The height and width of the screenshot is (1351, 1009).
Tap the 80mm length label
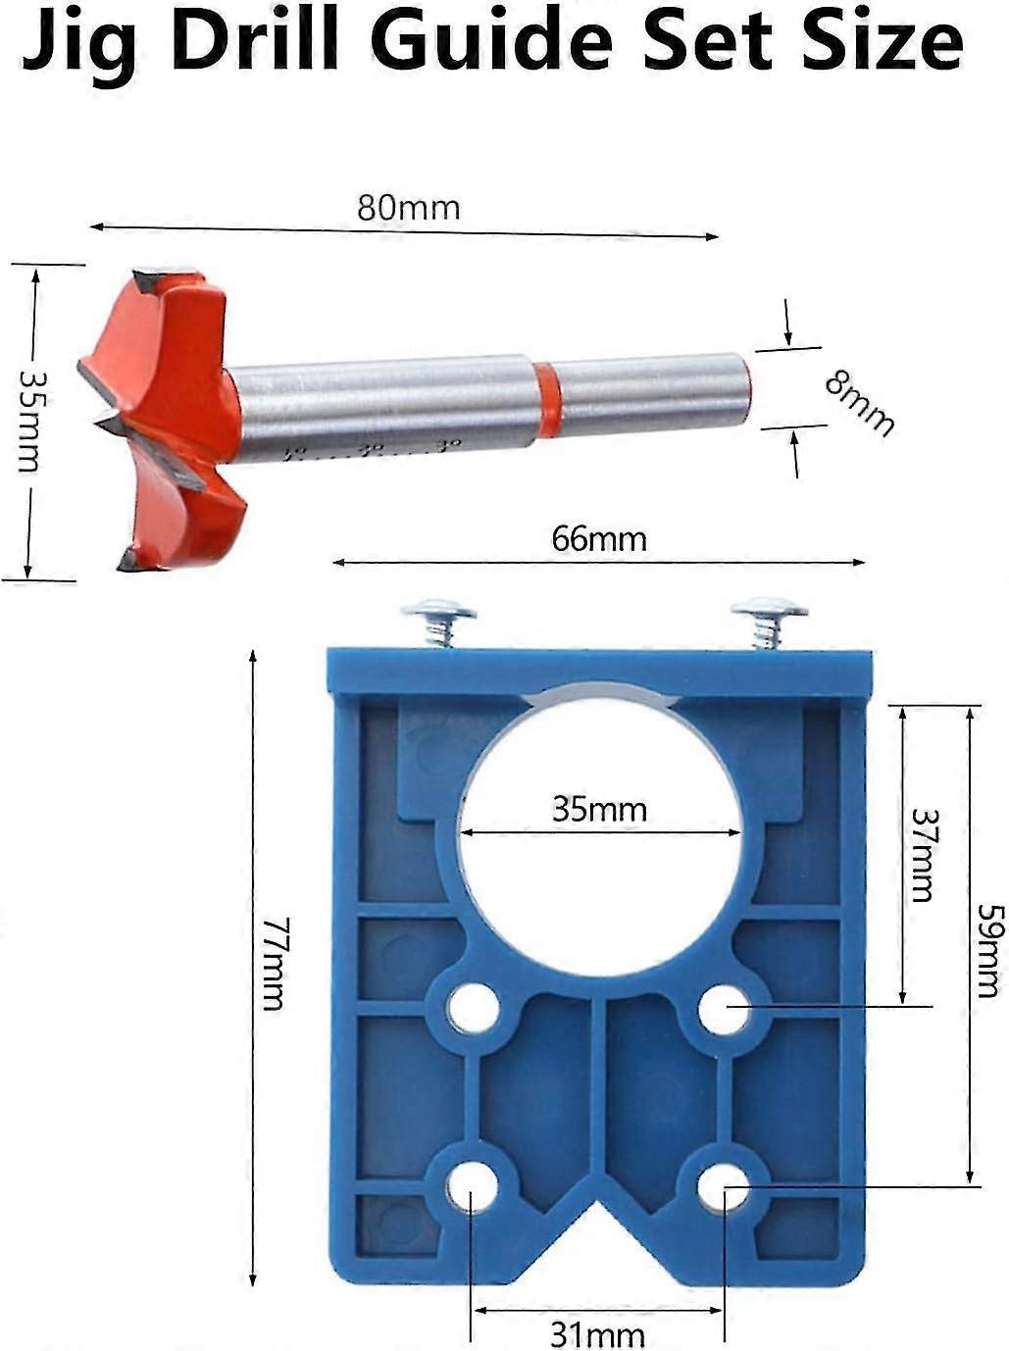[408, 208]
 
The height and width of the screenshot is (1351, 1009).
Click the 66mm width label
[598, 539]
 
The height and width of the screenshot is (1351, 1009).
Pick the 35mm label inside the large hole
[599, 810]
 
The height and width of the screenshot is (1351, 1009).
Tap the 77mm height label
[272, 963]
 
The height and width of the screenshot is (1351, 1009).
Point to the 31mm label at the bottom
[597, 1333]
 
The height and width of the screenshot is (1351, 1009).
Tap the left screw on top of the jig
[438, 622]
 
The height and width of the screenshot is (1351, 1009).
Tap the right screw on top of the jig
[768, 620]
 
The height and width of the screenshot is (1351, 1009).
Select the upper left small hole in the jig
[472, 1008]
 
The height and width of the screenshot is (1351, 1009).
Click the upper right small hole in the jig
[725, 1007]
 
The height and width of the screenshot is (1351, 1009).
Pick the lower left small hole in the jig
[471, 1187]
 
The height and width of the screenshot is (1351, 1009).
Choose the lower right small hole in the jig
[724, 1187]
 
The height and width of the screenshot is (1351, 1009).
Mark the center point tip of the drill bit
[101, 423]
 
